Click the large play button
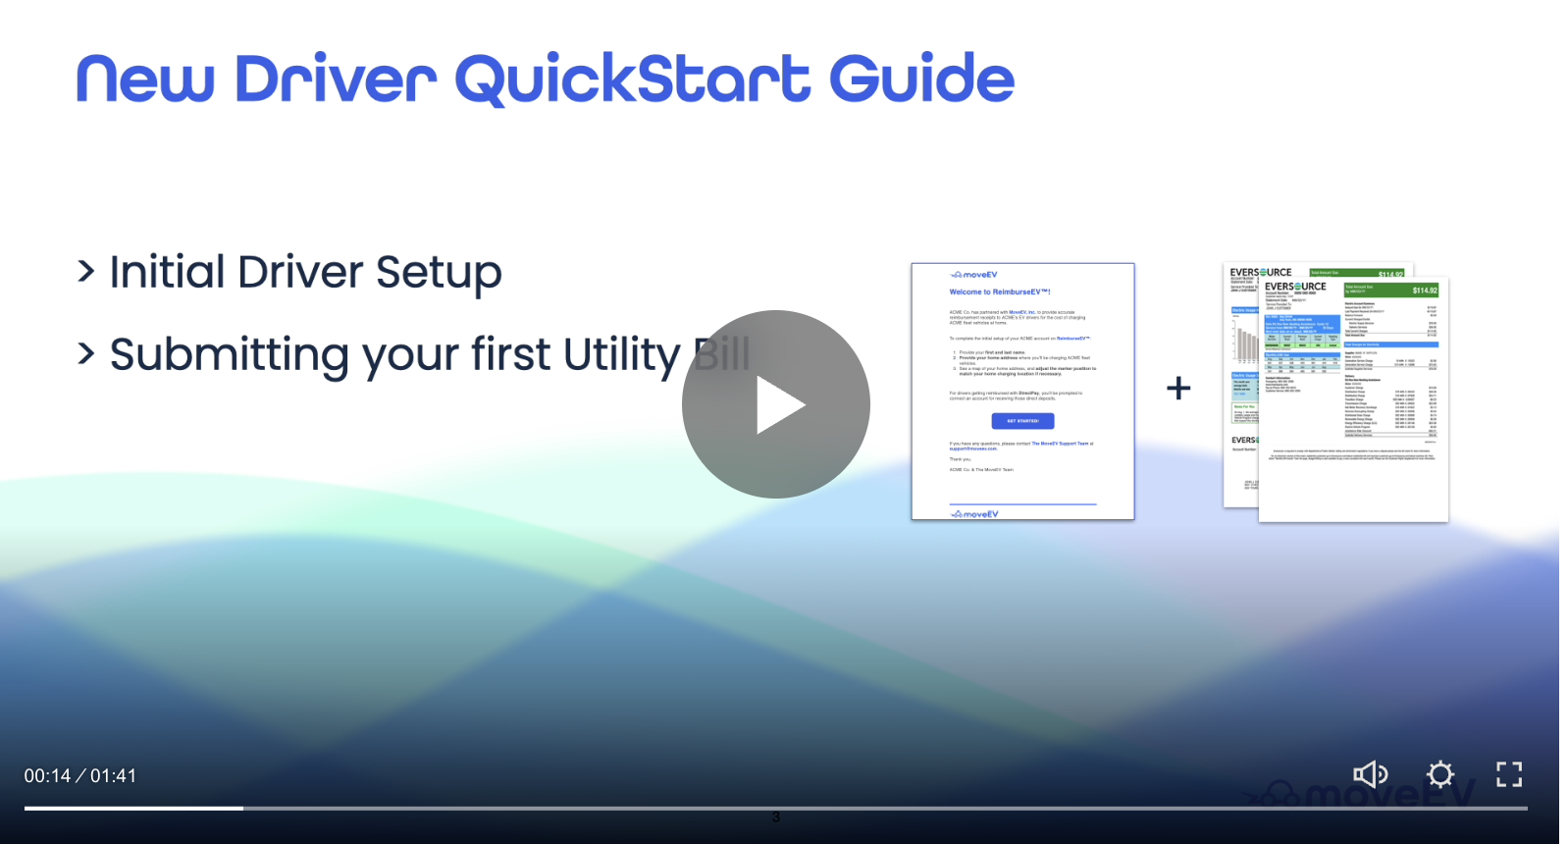tap(775, 404)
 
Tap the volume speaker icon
tap(1370, 774)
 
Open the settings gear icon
tap(1439, 774)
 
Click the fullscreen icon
tap(1509, 774)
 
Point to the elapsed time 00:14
tap(47, 776)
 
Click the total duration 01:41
tap(114, 776)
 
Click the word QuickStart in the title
tap(633, 80)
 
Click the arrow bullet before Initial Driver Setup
tap(86, 271)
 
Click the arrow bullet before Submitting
tap(86, 353)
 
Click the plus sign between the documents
tap(1178, 389)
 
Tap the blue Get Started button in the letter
tap(1022, 421)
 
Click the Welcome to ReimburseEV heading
tap(999, 292)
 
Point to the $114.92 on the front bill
tap(1425, 290)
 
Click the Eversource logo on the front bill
tap(1295, 287)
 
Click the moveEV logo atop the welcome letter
tap(974, 275)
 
